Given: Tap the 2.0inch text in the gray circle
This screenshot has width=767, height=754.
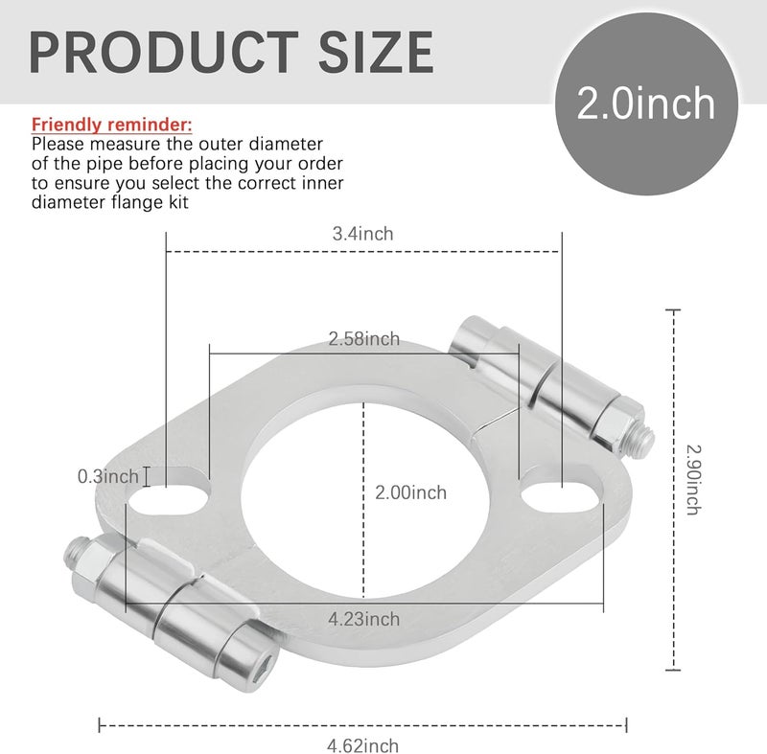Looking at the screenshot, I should click(x=646, y=103).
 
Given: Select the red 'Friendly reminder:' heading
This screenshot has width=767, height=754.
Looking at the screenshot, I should click(x=112, y=126).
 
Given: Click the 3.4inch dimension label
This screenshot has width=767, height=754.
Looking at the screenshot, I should click(x=362, y=233).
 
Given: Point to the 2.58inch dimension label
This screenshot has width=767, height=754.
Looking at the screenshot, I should click(x=363, y=338).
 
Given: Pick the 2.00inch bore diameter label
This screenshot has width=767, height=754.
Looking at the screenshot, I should click(x=411, y=492).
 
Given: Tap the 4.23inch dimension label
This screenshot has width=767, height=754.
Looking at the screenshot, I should click(x=364, y=619).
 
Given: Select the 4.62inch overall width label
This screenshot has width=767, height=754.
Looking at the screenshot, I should click(x=362, y=744).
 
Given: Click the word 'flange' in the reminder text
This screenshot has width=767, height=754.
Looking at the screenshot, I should click(x=104, y=202).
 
